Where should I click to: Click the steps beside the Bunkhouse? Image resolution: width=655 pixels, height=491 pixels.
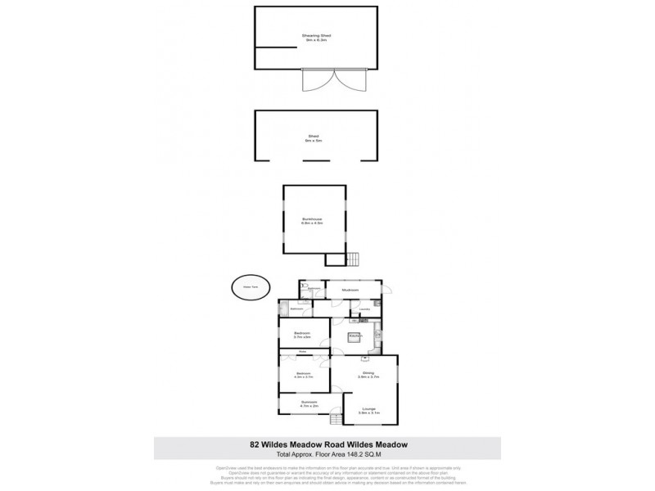pyautogui.click(x=353, y=259)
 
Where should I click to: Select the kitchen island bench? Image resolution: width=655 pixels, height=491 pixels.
pyautogui.click(x=355, y=336)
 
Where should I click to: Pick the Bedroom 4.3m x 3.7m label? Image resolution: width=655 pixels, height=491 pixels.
pyautogui.click(x=302, y=376)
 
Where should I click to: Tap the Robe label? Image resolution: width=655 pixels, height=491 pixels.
pyautogui.click(x=302, y=353)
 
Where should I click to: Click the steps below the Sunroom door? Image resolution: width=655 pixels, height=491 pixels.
pyautogui.click(x=335, y=421)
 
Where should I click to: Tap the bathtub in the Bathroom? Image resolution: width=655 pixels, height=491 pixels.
pyautogui.click(x=284, y=309)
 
